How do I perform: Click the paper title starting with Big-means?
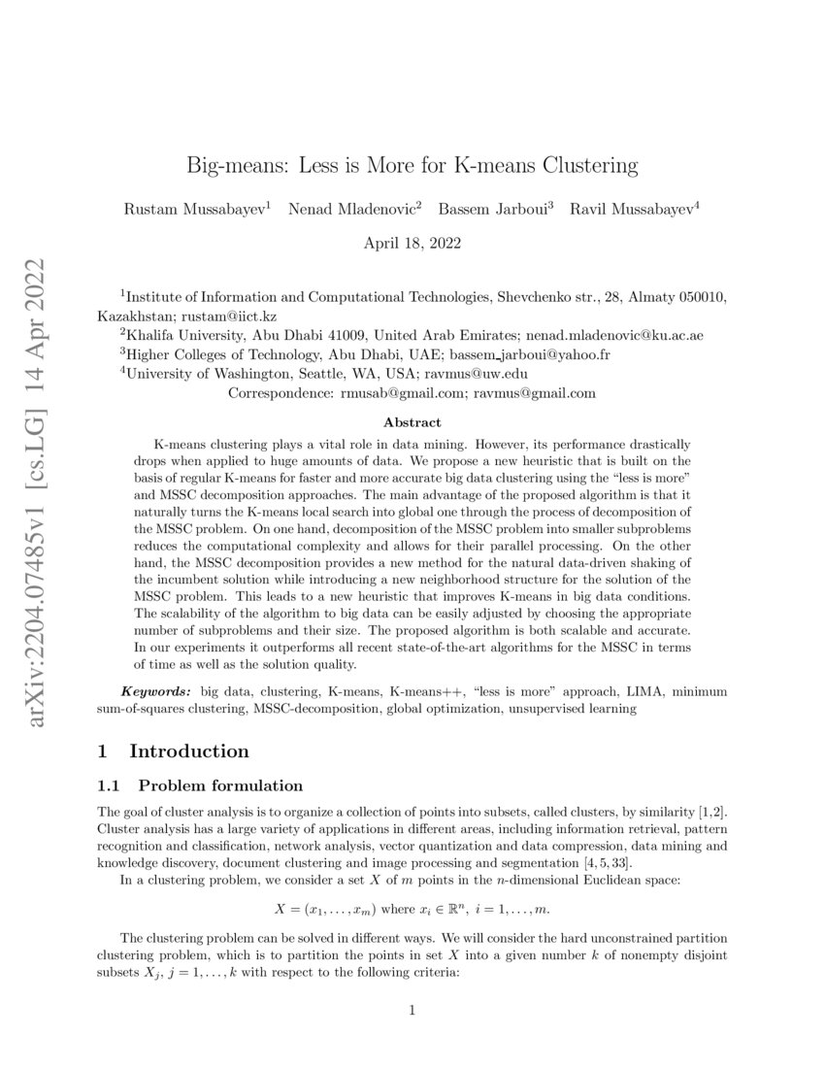click(x=412, y=165)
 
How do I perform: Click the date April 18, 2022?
click(x=412, y=243)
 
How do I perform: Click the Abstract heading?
click(x=412, y=422)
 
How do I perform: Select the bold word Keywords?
click(x=156, y=690)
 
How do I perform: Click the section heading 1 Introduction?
click(x=174, y=751)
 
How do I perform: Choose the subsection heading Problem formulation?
click(x=220, y=785)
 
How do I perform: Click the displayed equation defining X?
click(x=412, y=910)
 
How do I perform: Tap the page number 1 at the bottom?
click(x=412, y=1011)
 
